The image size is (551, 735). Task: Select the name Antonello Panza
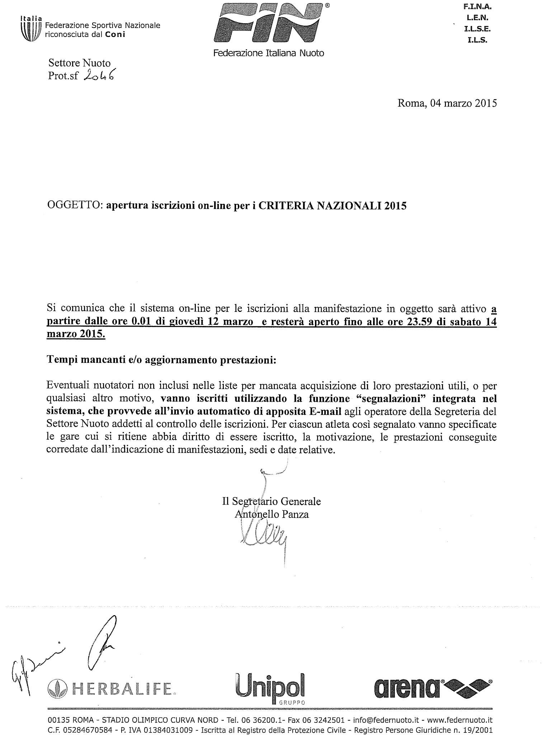point(272,514)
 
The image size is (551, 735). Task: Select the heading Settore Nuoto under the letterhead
point(79,64)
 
